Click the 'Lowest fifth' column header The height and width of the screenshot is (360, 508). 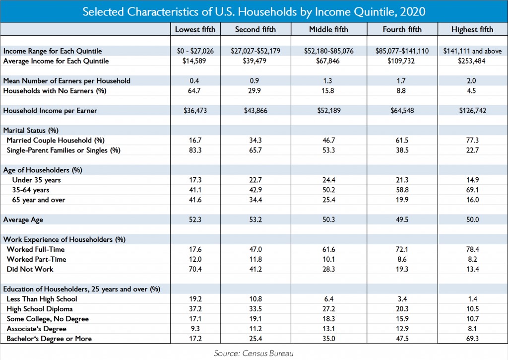(195, 29)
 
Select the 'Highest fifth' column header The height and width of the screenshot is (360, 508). (472, 29)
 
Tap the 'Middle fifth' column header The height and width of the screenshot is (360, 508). (328, 29)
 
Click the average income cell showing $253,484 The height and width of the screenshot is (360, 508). (472, 61)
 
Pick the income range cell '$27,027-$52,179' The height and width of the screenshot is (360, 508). (255, 51)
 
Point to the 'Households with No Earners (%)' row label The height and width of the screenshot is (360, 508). (55, 91)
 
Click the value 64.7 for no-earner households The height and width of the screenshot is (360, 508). (194, 91)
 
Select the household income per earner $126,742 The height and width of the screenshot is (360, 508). (472, 111)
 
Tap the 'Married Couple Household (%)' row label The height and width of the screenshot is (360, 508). (56, 141)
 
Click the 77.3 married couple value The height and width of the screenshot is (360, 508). (472, 141)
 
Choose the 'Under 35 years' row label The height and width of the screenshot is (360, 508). (36, 180)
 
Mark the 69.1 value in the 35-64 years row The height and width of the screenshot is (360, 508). (472, 190)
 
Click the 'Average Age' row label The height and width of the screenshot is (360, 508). (23, 220)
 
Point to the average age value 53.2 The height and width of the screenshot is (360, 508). (255, 220)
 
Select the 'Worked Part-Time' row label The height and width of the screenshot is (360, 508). (36, 260)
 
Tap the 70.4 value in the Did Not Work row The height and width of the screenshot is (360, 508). (195, 269)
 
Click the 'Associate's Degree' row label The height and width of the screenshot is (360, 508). (36, 329)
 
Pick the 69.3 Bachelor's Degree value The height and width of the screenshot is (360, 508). (472, 339)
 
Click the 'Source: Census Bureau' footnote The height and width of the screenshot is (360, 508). (254, 353)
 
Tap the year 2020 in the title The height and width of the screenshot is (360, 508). (412, 12)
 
